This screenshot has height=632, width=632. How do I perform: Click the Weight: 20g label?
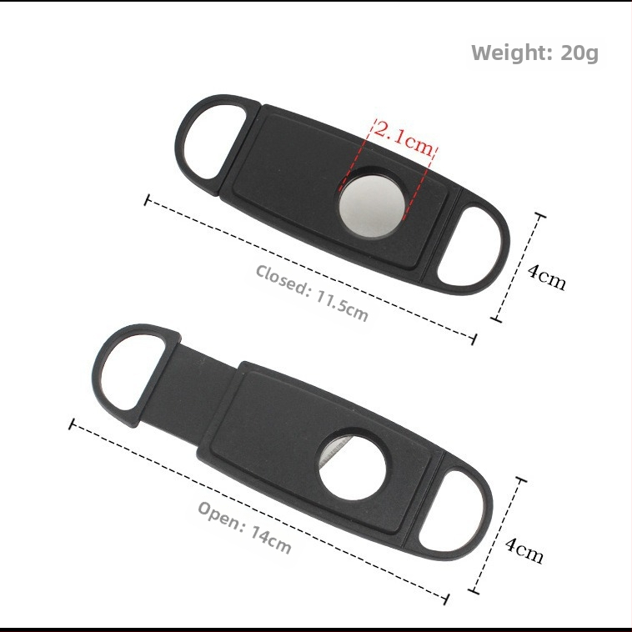tap(534, 53)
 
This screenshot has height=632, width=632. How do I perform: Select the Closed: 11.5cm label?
tap(312, 293)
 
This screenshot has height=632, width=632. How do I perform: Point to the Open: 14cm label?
tap(244, 527)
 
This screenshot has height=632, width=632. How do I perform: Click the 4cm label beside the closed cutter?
tap(547, 277)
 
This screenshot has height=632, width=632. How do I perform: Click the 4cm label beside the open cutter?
tap(524, 550)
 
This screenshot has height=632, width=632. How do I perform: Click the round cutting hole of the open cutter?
tap(352, 466)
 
